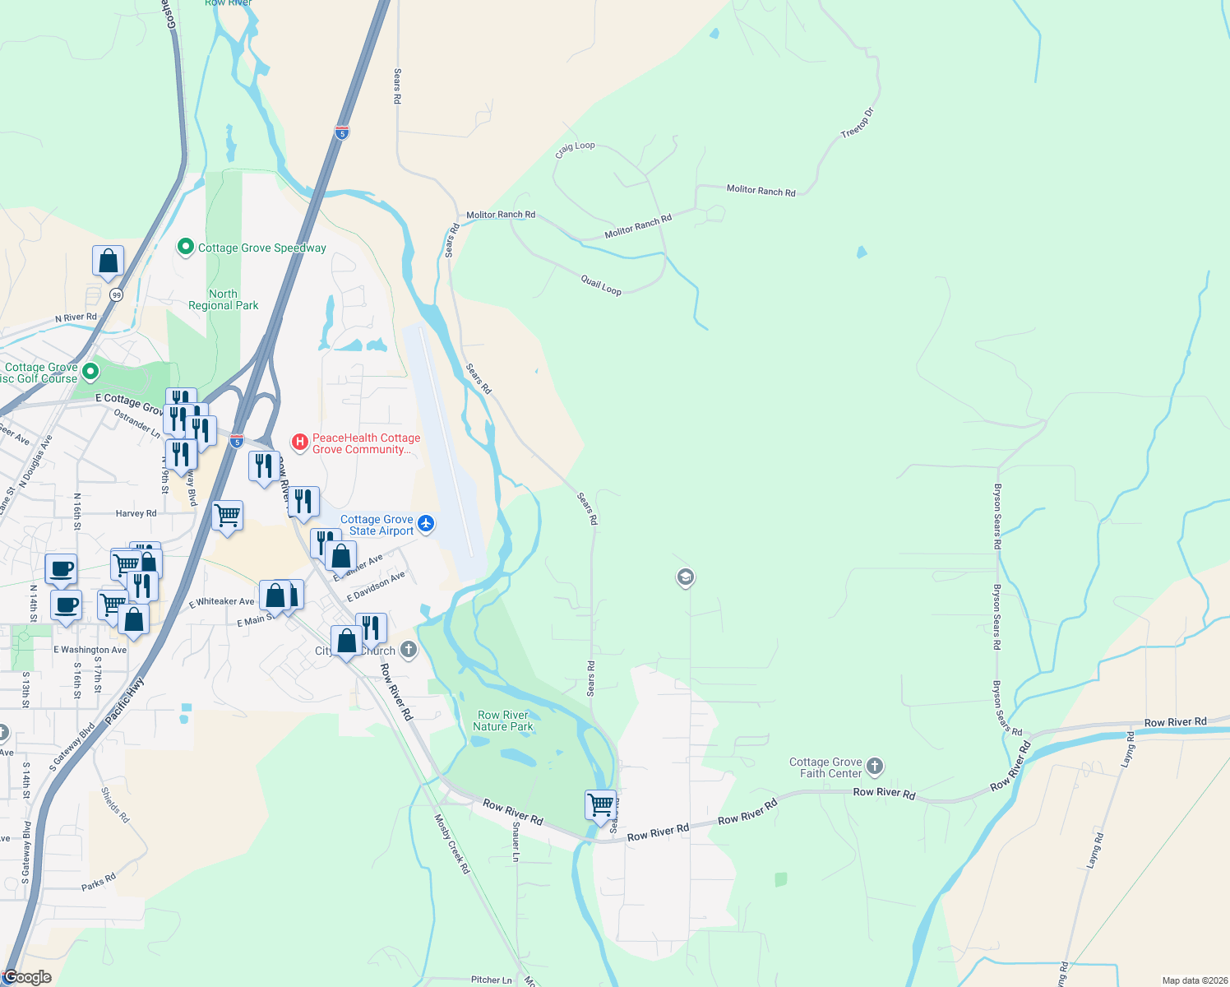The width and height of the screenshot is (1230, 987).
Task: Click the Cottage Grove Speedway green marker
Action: (186, 247)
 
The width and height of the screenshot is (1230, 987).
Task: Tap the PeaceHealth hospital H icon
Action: (300, 443)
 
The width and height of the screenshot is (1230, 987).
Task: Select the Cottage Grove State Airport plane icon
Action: (426, 524)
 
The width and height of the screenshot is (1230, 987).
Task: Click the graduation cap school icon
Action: (685, 577)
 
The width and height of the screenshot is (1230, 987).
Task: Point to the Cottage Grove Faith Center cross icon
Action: (875, 767)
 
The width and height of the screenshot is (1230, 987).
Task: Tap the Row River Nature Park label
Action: (503, 721)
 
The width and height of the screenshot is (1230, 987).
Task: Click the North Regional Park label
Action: (223, 299)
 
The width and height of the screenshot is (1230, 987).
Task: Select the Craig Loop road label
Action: (575, 149)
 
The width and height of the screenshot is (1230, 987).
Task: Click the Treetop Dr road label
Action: (857, 123)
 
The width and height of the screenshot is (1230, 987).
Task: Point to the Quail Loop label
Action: (601, 285)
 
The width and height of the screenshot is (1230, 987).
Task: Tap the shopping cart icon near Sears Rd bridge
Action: (601, 804)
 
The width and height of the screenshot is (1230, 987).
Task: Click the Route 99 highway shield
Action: (117, 294)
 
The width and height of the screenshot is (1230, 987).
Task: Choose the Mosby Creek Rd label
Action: (452, 843)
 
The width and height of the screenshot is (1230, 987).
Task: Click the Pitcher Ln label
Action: (492, 980)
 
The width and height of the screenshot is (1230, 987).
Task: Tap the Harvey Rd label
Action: (136, 513)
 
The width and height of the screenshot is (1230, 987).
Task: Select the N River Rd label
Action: (76, 317)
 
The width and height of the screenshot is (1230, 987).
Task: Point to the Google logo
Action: (28, 977)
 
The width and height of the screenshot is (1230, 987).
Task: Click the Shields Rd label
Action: (115, 805)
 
